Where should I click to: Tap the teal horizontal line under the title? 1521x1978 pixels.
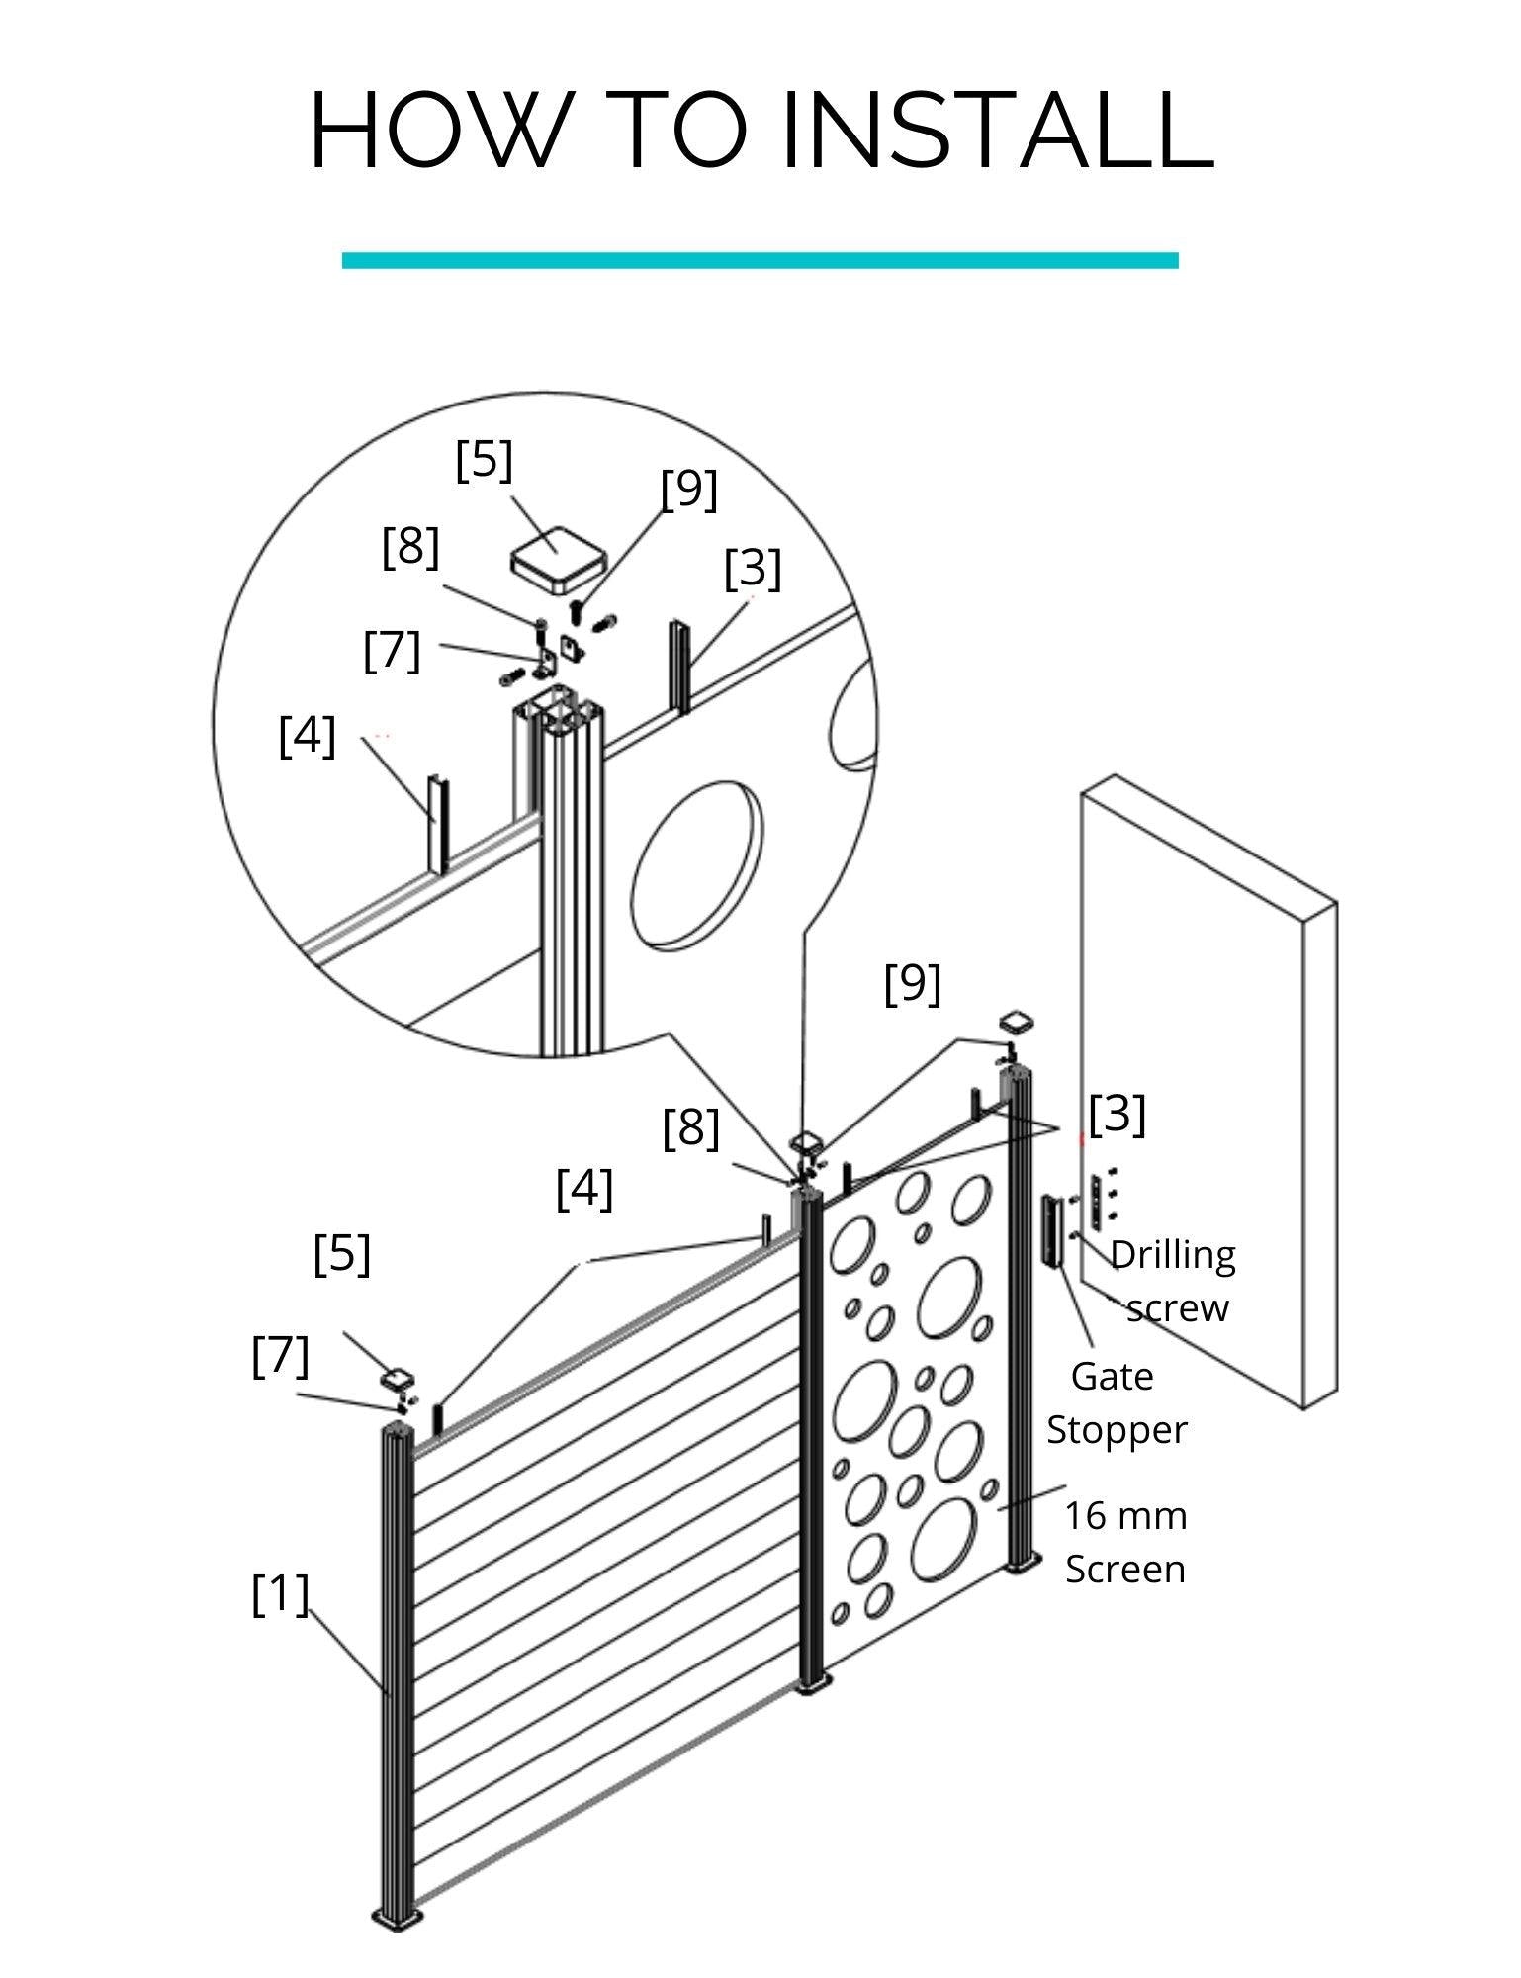point(760,261)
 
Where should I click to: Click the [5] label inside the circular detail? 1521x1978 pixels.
point(484,462)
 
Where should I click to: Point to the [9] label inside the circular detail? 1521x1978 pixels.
point(688,490)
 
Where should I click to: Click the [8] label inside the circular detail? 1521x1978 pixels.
point(410,548)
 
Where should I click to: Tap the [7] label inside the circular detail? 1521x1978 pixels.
point(392,651)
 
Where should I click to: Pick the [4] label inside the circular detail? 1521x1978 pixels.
point(308,738)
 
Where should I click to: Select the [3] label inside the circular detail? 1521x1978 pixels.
point(753,569)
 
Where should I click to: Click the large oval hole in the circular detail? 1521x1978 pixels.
point(697,861)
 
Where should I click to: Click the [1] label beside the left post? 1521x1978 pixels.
point(280,1594)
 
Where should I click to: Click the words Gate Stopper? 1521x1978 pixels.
point(1116,1403)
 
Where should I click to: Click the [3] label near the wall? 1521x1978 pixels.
point(1117,1115)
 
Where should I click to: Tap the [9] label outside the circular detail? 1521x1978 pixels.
point(912,984)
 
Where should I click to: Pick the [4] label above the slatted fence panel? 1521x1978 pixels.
point(584,1189)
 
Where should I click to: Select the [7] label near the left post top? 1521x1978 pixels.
point(281,1356)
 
